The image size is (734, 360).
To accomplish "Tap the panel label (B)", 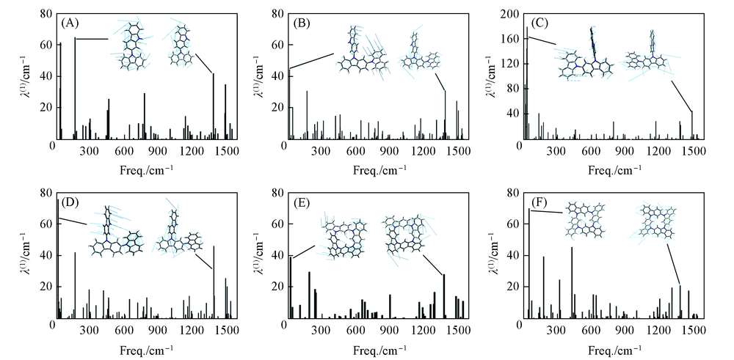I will click(x=304, y=22).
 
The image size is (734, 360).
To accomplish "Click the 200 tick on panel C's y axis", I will click(x=509, y=14).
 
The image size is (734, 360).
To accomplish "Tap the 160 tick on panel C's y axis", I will click(x=509, y=39).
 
